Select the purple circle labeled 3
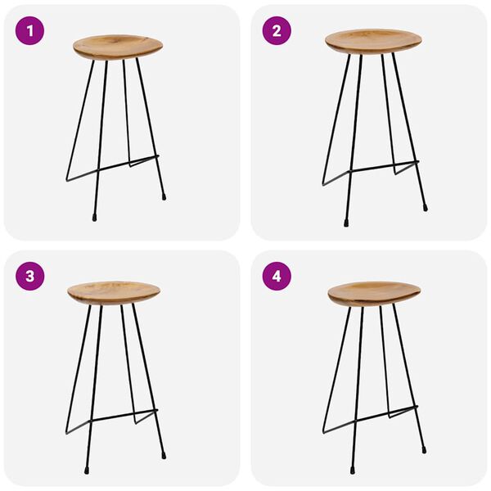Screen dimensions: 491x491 tap(30, 276)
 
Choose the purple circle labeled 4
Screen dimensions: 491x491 tap(277, 276)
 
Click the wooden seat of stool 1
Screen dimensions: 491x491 tap(118, 46)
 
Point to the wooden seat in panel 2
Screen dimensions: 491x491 tap(373, 41)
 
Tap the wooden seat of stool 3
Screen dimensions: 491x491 tap(114, 292)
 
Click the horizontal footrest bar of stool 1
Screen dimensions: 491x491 tap(123, 164)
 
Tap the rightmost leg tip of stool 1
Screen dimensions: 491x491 tap(164, 196)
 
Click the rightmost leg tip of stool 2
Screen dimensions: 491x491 tap(425, 208)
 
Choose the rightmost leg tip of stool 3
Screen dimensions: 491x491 tap(164, 453)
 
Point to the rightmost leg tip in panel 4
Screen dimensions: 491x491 tap(424, 449)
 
